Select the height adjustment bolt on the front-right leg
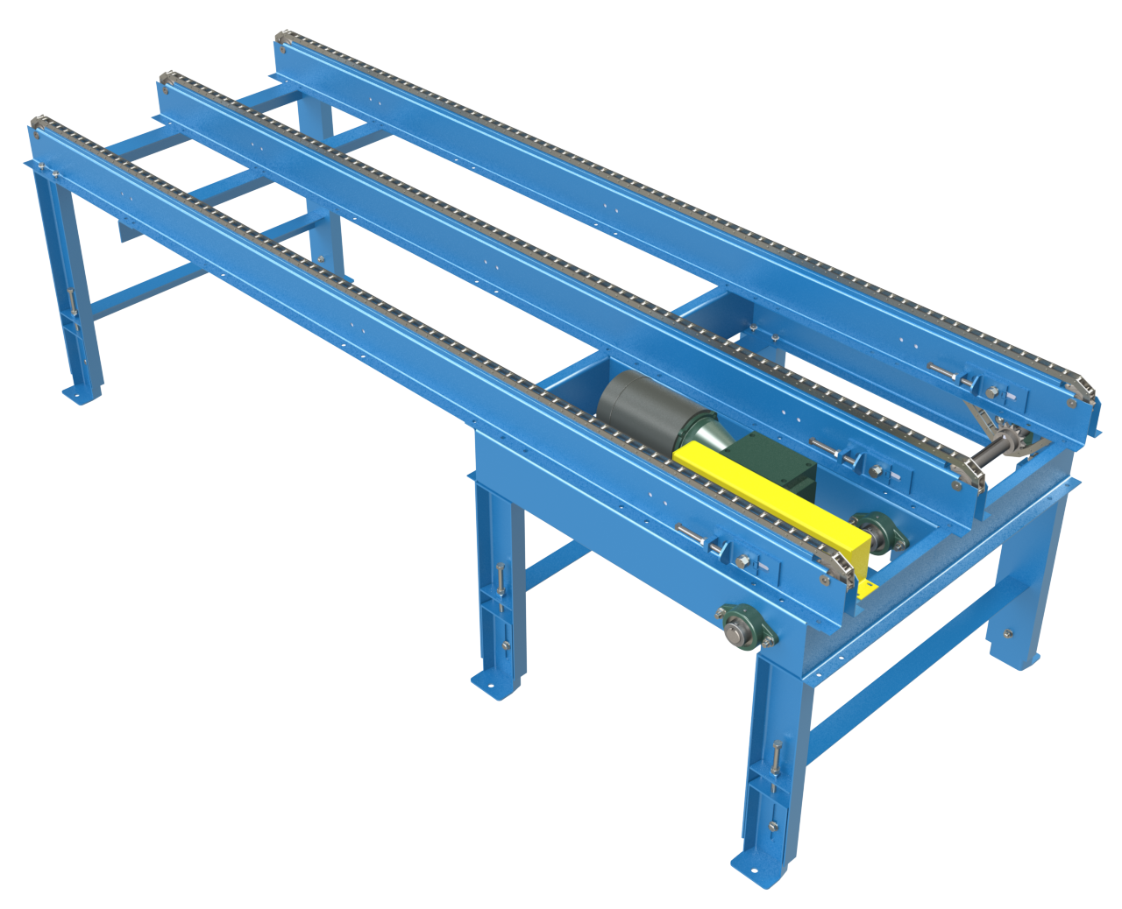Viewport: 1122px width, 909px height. pyautogui.click(x=777, y=762)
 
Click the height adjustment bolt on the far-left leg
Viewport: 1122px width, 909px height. pyautogui.click(x=71, y=302)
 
